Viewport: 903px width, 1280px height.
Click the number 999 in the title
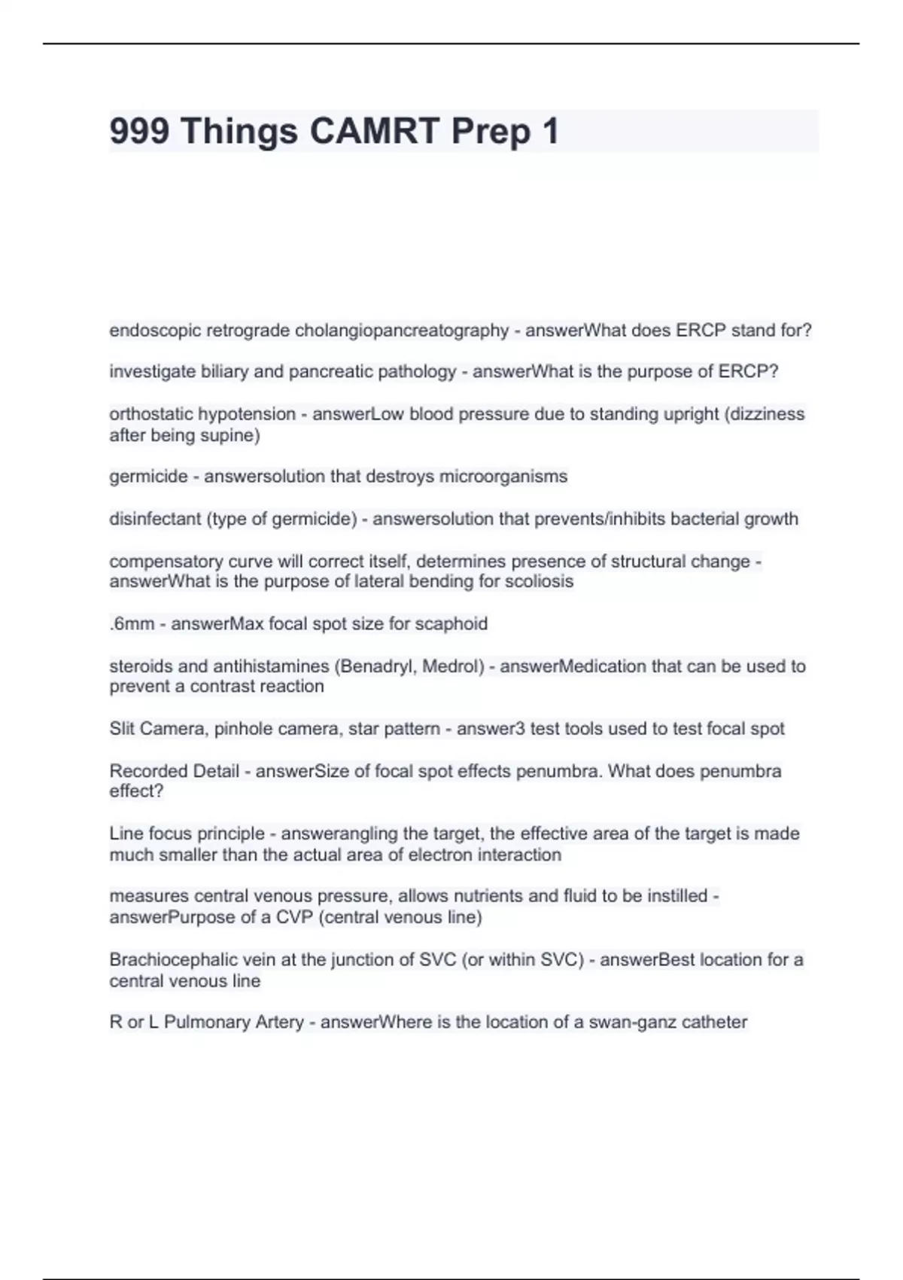click(x=139, y=132)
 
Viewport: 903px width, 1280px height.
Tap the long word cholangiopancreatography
click(x=402, y=331)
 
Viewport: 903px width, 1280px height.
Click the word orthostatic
click(x=150, y=414)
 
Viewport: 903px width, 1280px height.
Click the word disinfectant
click(x=154, y=519)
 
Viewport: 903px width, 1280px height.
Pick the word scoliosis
click(x=538, y=581)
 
